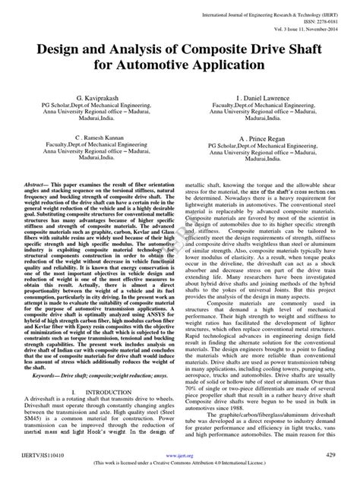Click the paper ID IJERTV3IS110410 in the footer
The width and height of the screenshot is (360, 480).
(x=42, y=454)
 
